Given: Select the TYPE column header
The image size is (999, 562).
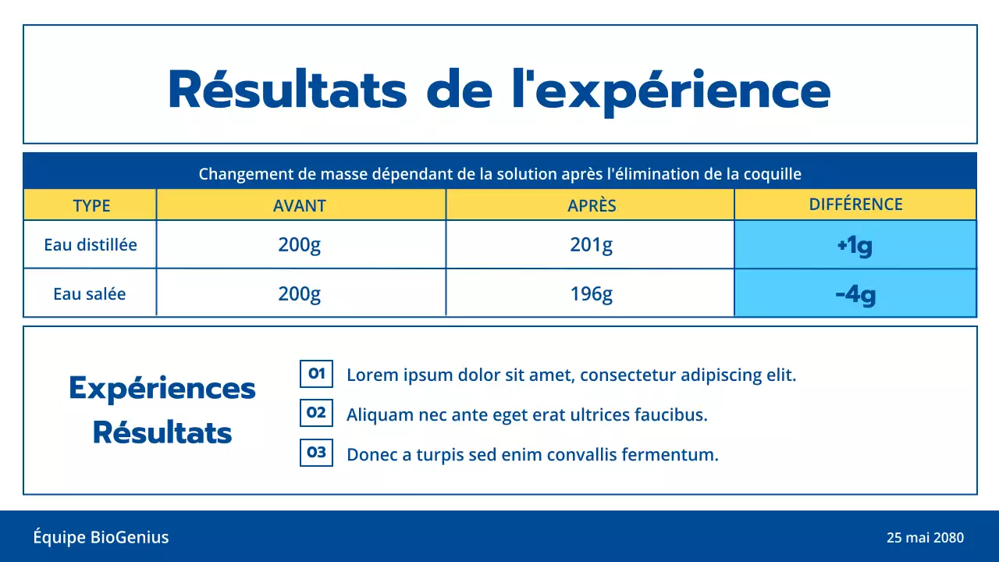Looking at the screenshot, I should [x=91, y=206].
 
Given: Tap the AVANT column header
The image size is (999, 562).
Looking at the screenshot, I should [x=300, y=206].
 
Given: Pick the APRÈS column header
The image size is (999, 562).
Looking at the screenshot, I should [x=592, y=206].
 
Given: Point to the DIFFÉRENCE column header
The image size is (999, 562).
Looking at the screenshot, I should [x=855, y=205].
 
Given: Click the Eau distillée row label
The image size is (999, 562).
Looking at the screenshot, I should [x=91, y=245].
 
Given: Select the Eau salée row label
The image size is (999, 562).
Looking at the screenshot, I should [x=90, y=294].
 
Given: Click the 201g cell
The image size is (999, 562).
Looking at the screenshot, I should [x=592, y=245].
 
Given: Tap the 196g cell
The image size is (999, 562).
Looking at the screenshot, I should [x=592, y=294].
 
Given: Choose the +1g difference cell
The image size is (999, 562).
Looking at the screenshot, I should [x=855, y=246].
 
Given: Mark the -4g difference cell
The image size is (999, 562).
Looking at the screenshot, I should [x=855, y=295].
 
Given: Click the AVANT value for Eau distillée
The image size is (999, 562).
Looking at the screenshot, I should [x=300, y=245].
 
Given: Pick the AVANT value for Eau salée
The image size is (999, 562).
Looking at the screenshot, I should [x=300, y=294].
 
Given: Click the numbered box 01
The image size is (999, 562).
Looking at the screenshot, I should [x=317, y=374].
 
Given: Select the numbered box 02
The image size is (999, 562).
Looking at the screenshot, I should [x=317, y=413].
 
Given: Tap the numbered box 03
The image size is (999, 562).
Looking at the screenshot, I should [x=317, y=452].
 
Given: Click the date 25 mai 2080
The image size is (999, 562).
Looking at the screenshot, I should [x=925, y=538].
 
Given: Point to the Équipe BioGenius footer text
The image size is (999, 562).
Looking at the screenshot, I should [x=101, y=537].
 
